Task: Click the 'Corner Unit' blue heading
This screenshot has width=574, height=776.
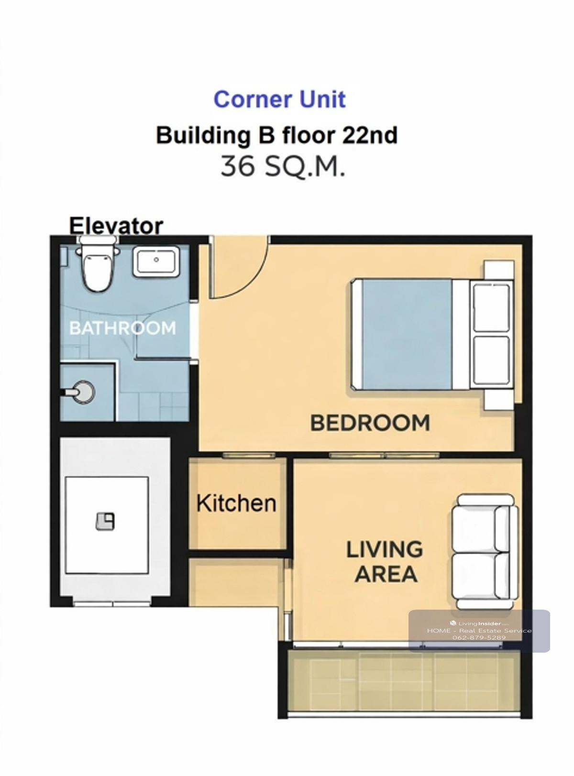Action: pos(280,99)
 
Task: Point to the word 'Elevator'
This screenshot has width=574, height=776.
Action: pos(116,226)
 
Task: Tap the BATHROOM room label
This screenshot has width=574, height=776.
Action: pos(122,328)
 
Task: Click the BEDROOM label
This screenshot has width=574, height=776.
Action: pos(370,423)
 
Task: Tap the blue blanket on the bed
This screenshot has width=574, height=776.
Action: pos(407,334)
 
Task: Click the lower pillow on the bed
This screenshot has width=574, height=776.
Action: pos(491,361)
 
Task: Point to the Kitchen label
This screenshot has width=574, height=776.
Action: pos(236,503)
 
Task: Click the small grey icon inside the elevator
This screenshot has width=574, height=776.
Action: pos(105,522)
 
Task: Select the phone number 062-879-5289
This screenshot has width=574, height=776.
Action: pos(479,637)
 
